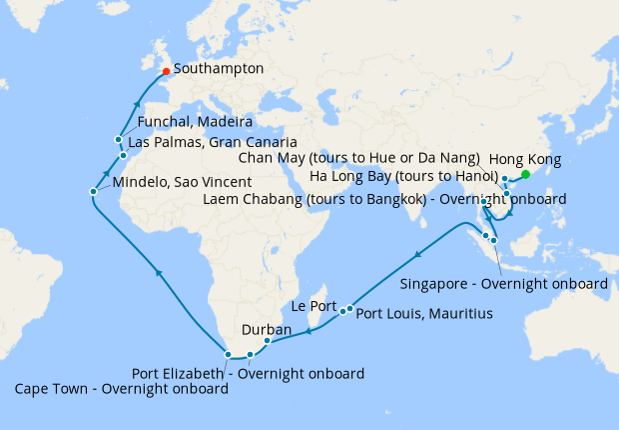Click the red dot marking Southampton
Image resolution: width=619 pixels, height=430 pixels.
click(x=166, y=70)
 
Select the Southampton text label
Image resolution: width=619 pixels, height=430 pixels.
click(x=218, y=69)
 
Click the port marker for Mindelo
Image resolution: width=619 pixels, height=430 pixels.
click(x=93, y=191)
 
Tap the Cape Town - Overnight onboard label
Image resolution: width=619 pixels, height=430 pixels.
click(x=121, y=389)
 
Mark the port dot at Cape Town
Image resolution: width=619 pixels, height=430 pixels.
click(x=229, y=354)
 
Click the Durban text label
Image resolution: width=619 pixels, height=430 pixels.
click(x=267, y=329)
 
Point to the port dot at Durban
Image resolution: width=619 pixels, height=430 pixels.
click(x=267, y=341)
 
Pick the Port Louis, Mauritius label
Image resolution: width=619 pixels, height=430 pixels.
click(x=424, y=314)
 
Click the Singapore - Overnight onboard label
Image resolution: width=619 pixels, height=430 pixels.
click(x=503, y=284)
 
